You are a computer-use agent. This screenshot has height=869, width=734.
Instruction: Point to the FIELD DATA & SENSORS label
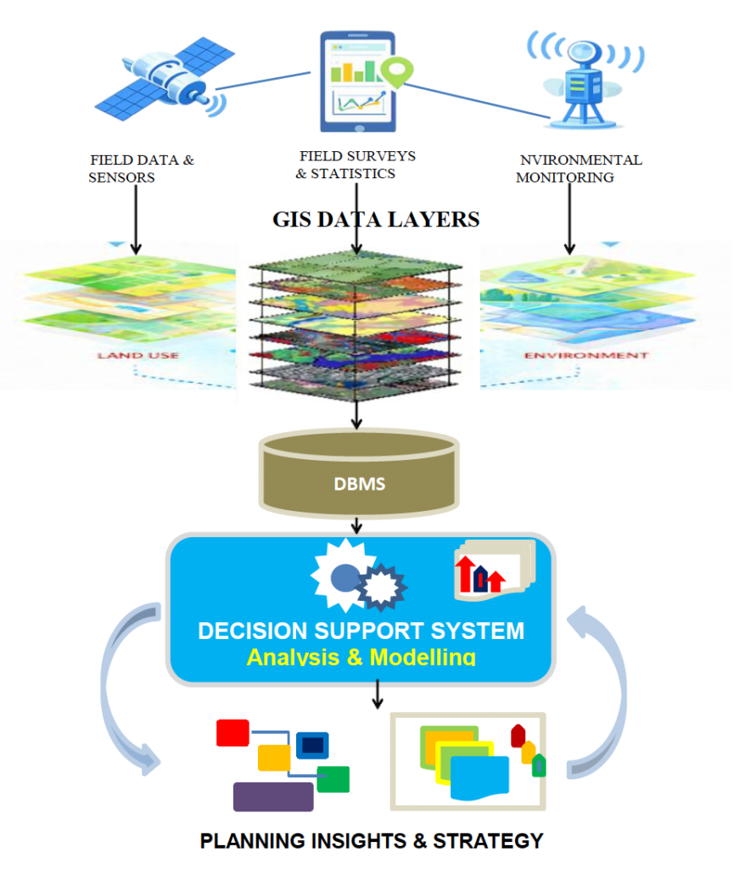coord(141,168)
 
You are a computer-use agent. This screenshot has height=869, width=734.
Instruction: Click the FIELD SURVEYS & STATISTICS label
coord(356,165)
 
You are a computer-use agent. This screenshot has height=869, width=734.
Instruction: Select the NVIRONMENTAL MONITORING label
coord(578,168)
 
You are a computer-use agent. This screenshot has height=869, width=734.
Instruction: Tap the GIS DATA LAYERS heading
coord(375,219)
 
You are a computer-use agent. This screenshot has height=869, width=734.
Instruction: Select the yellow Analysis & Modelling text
coord(361,656)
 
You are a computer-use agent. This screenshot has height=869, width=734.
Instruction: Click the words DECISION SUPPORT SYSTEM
coord(361,631)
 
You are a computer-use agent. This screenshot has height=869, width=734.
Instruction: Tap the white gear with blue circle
coord(343,575)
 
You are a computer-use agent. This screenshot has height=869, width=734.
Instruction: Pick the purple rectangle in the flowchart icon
coord(273,796)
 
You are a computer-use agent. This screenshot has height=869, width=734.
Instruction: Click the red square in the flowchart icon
coord(233,732)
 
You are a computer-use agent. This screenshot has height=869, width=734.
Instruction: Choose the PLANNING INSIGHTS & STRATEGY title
coord(372,841)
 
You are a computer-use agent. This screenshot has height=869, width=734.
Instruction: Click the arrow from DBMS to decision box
coord(359,524)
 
